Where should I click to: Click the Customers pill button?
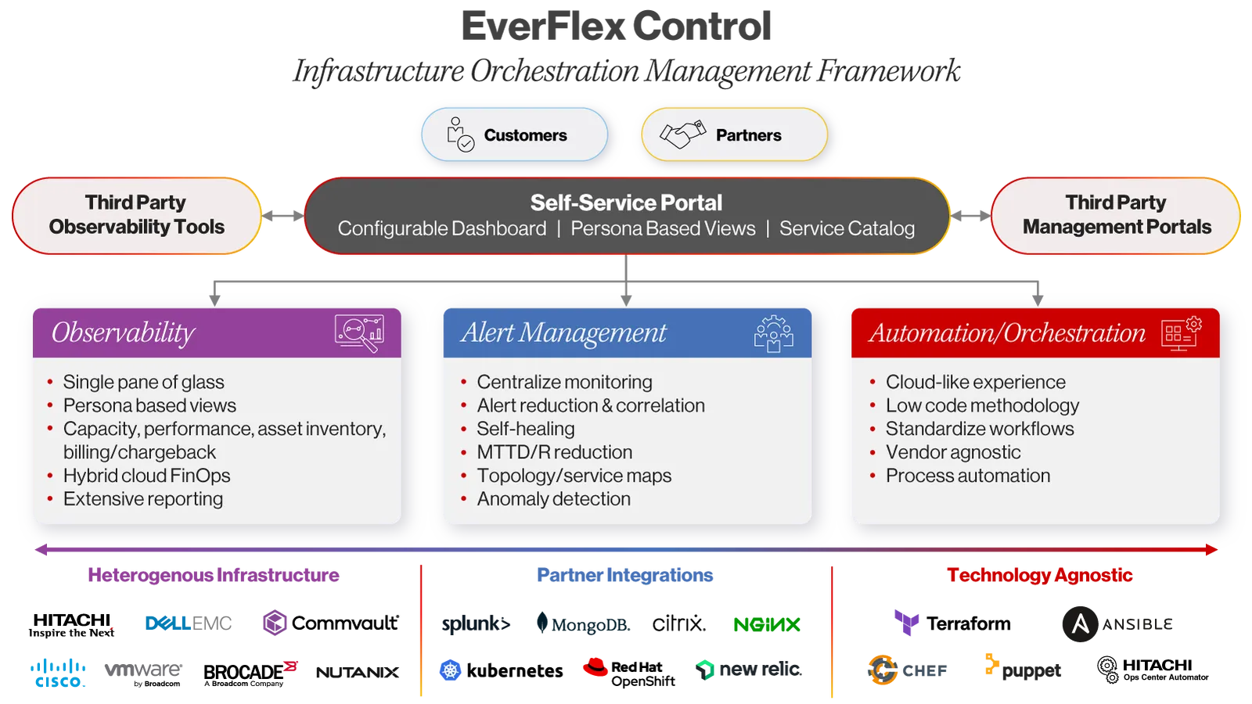coord(514,135)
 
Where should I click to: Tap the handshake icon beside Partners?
coord(682,135)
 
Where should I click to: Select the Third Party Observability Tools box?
coord(137,215)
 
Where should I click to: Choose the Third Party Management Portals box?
coord(1116,215)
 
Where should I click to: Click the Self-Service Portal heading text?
coord(626,203)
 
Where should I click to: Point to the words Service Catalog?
coord(847,228)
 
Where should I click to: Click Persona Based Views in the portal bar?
coord(663,228)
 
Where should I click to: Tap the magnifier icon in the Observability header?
coord(360,332)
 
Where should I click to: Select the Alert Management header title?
coord(563,333)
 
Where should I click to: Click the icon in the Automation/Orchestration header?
coord(1181,333)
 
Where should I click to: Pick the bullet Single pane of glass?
coord(143,382)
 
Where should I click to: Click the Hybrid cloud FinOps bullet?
coord(146,476)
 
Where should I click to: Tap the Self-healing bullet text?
coord(526,429)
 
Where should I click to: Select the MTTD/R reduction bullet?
coord(554,452)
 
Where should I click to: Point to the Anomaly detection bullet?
coord(553,499)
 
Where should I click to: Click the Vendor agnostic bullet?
coord(952,452)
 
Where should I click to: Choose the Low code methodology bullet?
coord(982,405)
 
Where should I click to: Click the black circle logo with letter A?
coord(1080,623)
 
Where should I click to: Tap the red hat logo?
coord(595,667)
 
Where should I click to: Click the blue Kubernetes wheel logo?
coord(450,670)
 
